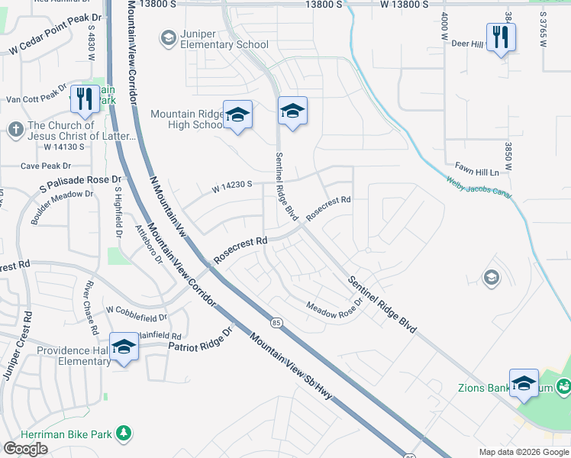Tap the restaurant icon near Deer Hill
500,37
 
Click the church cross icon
15,130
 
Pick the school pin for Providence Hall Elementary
124,347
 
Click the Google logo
25,449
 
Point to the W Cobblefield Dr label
137,311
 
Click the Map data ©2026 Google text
524,452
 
